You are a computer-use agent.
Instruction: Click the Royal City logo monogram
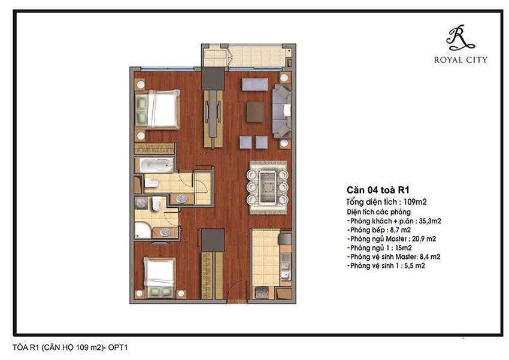tap(460, 37)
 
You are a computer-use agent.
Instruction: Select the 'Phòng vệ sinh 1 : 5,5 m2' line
tap(387, 266)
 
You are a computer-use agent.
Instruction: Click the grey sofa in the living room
tap(282, 110)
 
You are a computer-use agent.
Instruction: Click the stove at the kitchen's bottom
tap(261, 292)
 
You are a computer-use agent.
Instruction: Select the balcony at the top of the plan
tap(247, 57)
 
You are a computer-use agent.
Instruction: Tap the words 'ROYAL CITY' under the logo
tap(460, 60)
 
